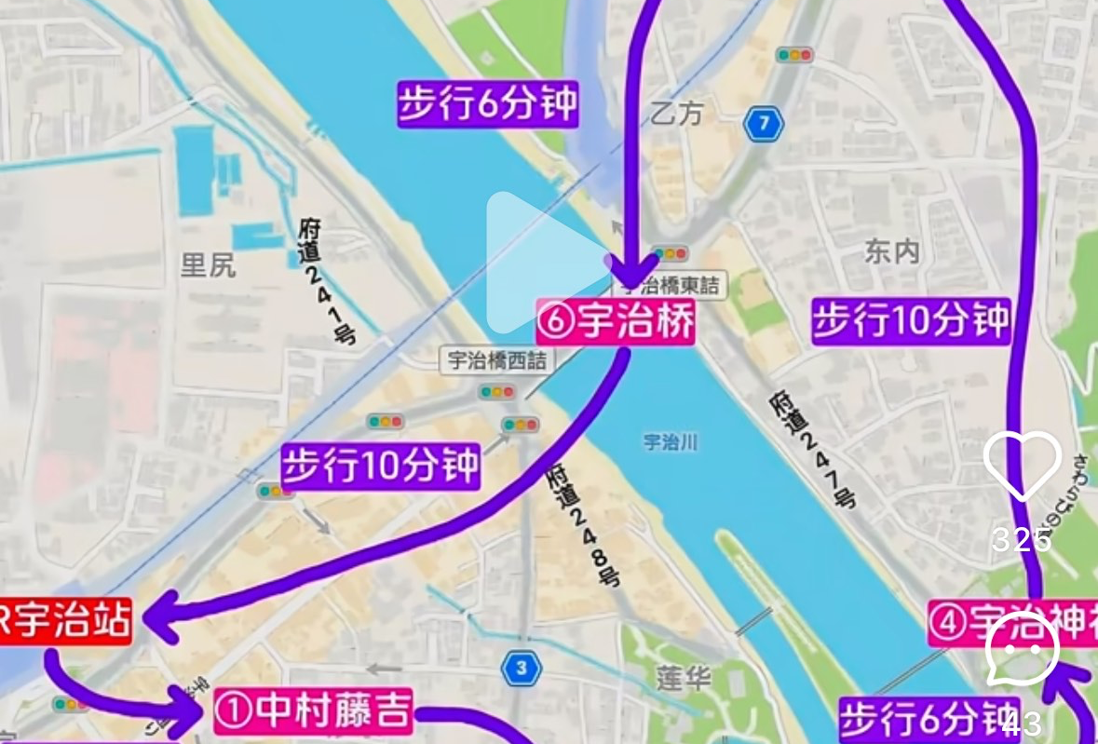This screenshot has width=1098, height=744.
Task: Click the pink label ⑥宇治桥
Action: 616,322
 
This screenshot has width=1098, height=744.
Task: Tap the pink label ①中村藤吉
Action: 313,711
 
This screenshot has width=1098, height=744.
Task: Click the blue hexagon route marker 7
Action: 764,123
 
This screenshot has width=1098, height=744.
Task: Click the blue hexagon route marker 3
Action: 522,668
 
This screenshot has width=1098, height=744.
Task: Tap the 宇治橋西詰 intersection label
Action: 496,360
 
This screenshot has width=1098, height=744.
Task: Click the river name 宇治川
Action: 671,441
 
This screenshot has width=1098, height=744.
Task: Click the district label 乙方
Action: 677,114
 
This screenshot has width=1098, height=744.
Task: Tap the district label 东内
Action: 892,251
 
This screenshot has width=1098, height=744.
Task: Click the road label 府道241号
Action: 327,280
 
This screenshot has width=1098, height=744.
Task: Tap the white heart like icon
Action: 1022,466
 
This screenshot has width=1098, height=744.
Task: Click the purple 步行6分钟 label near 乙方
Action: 488,104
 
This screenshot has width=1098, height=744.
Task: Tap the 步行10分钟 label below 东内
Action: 911,321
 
